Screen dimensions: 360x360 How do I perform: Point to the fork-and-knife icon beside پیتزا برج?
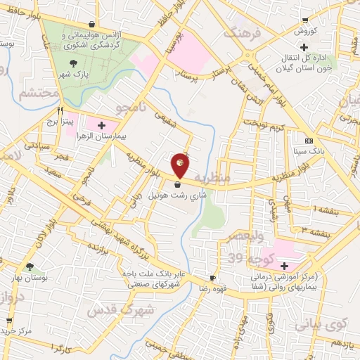(x=61, y=111)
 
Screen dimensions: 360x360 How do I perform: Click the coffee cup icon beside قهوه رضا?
(x=212, y=278)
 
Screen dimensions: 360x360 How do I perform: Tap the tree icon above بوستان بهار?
(x=30, y=267)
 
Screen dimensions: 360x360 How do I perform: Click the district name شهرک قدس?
(x=116, y=309)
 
